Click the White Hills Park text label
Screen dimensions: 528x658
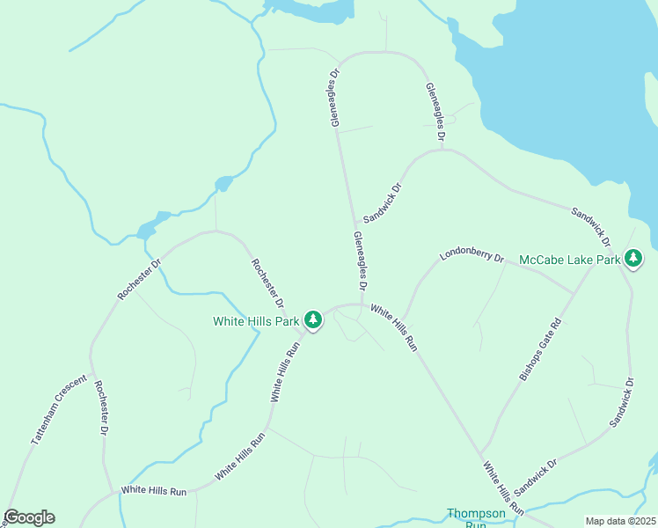pyautogui.click(x=256, y=321)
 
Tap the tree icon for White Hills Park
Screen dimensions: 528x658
pyautogui.click(x=311, y=319)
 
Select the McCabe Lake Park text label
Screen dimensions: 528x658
pyautogui.click(x=570, y=260)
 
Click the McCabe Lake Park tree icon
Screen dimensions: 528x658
pyautogui.click(x=632, y=258)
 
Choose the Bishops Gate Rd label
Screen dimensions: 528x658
pyautogui.click(x=539, y=349)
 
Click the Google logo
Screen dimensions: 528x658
pyautogui.click(x=29, y=517)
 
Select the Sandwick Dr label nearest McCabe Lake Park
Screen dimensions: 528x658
pyautogui.click(x=591, y=227)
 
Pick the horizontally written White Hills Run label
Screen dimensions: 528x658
pyautogui.click(x=154, y=489)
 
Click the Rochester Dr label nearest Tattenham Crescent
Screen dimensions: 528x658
pyautogui.click(x=100, y=408)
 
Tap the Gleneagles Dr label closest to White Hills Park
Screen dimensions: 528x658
pyautogui.click(x=360, y=261)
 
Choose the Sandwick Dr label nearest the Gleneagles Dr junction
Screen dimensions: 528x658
pyautogui.click(x=382, y=202)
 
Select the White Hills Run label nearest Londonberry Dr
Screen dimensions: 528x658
pyautogui.click(x=393, y=328)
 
